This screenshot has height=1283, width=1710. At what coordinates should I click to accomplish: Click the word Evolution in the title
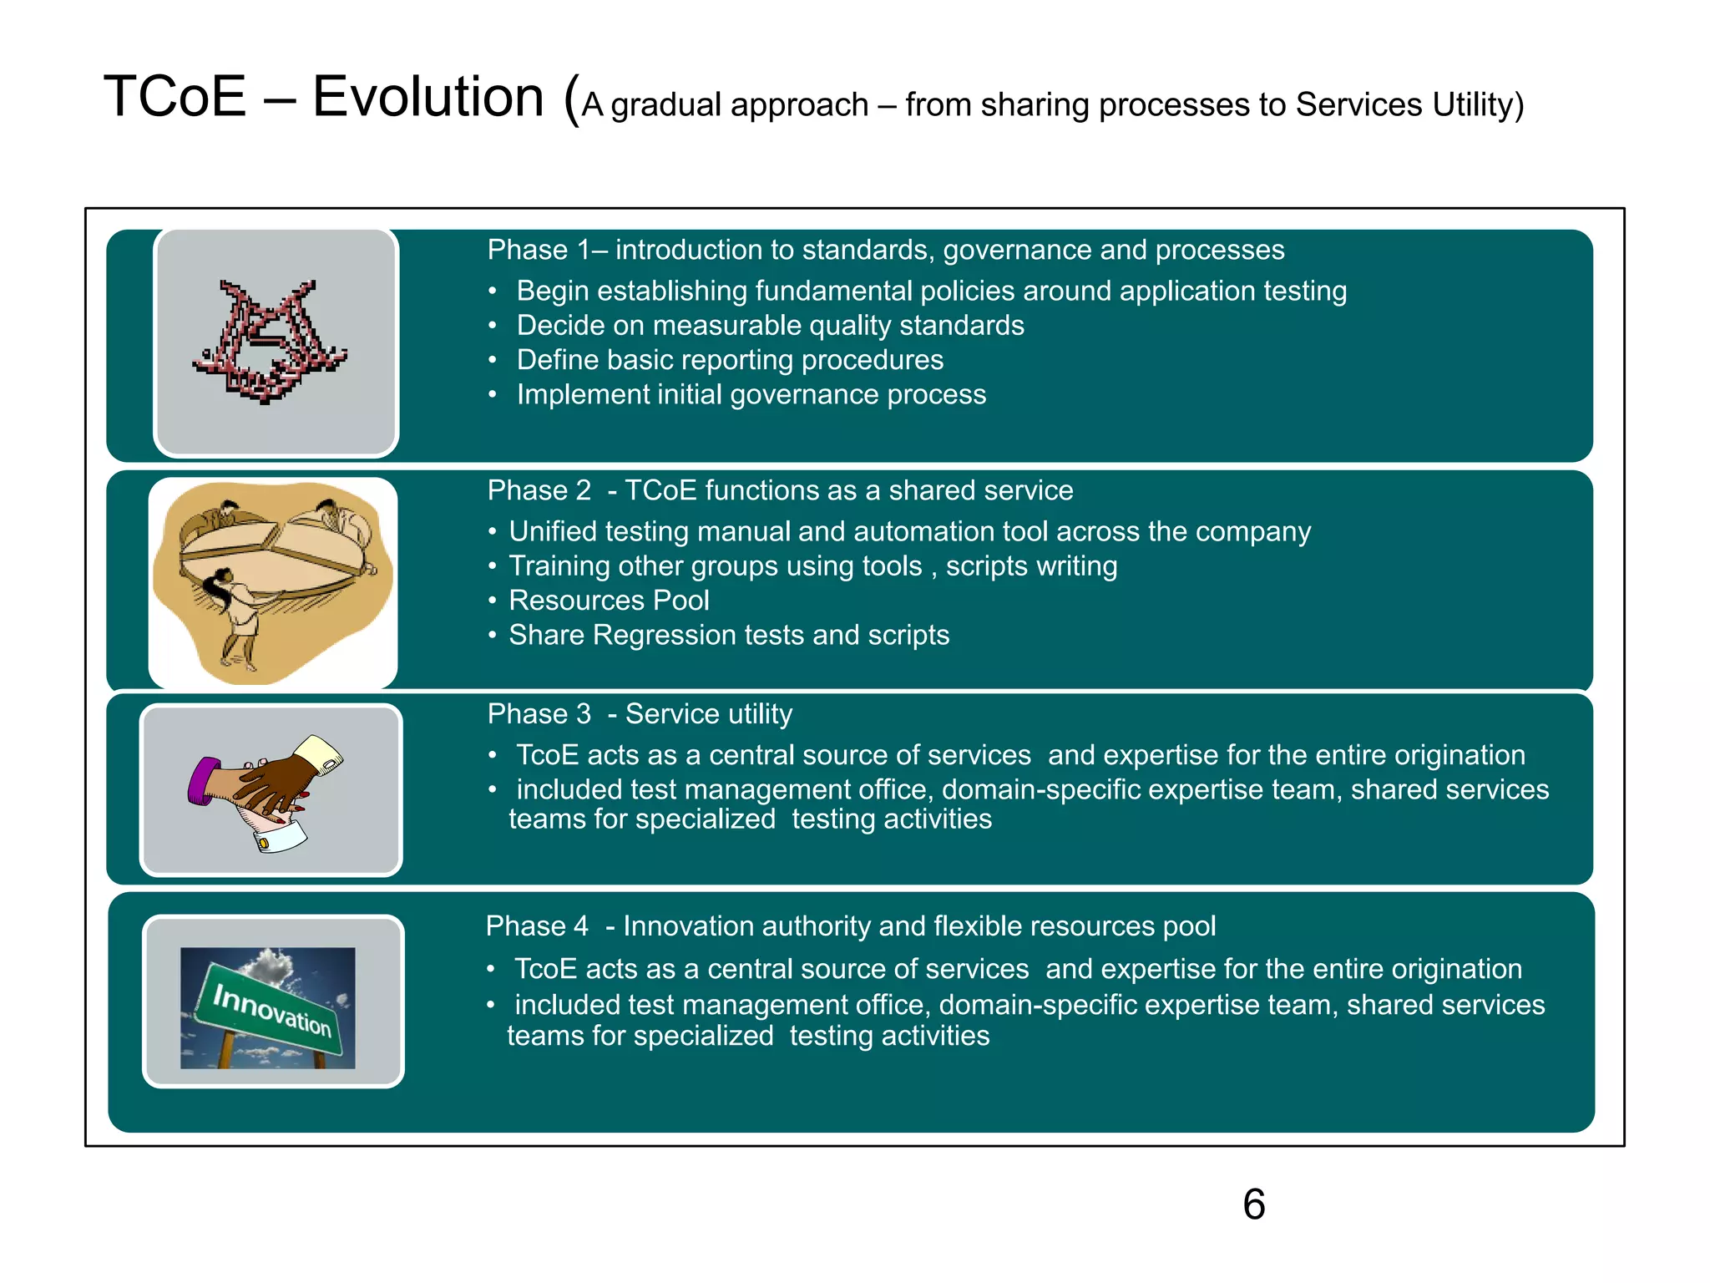[x=427, y=97]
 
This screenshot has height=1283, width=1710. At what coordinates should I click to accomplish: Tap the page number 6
[x=1253, y=1204]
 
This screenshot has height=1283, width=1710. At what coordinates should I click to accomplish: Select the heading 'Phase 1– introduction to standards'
[x=885, y=250]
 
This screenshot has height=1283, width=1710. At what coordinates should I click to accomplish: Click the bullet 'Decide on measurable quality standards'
[x=770, y=325]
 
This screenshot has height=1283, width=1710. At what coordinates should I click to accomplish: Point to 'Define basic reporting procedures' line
[x=730, y=360]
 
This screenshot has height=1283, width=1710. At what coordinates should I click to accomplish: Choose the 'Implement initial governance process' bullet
[x=751, y=394]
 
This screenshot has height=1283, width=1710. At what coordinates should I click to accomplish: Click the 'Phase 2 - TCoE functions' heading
[x=780, y=490]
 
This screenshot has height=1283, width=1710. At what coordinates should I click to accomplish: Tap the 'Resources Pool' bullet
[x=609, y=601]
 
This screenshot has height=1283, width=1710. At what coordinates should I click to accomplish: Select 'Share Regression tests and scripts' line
[x=729, y=635]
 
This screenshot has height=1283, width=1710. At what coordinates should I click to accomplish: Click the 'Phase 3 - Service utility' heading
[x=640, y=714]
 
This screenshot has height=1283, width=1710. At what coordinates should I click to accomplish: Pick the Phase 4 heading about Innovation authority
[x=850, y=926]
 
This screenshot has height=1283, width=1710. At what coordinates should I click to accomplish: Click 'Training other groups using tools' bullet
[x=812, y=566]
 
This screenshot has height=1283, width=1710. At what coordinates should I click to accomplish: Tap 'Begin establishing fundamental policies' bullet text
[x=931, y=291]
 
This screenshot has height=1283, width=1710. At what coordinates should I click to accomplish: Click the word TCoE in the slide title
[x=175, y=97]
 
